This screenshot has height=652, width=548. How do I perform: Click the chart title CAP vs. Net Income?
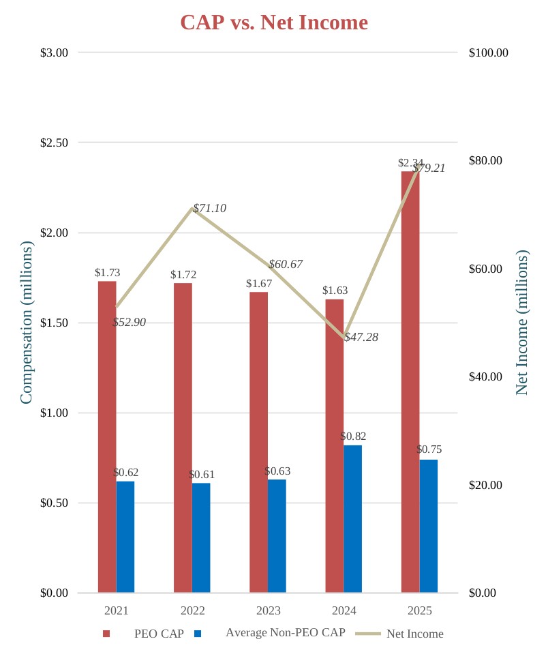tap(274, 23)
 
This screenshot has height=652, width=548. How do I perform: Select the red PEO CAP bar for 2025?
tap(410, 382)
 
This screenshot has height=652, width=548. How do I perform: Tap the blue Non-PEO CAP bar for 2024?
tap(352, 518)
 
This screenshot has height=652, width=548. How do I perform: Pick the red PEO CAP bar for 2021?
tap(107, 436)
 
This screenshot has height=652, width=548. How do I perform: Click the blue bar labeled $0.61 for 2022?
tap(201, 537)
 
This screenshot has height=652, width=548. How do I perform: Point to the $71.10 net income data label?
tap(210, 209)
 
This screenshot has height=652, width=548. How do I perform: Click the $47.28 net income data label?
tap(361, 337)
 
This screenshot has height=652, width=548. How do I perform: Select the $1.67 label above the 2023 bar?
tap(259, 284)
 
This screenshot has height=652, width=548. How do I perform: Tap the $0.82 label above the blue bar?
tap(354, 436)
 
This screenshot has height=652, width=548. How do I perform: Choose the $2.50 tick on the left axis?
tap(55, 143)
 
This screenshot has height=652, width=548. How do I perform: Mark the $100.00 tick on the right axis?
tap(489, 53)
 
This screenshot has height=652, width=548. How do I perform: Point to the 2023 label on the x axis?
tap(269, 610)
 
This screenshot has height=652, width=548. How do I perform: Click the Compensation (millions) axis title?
tap(26, 322)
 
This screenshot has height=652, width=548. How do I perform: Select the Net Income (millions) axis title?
tap(522, 322)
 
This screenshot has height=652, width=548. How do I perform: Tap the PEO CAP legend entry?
tap(159, 634)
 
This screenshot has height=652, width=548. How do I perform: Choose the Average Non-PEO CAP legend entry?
tap(285, 632)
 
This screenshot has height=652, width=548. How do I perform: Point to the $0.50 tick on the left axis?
tap(55, 503)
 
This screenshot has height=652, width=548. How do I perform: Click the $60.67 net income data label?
tap(286, 265)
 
